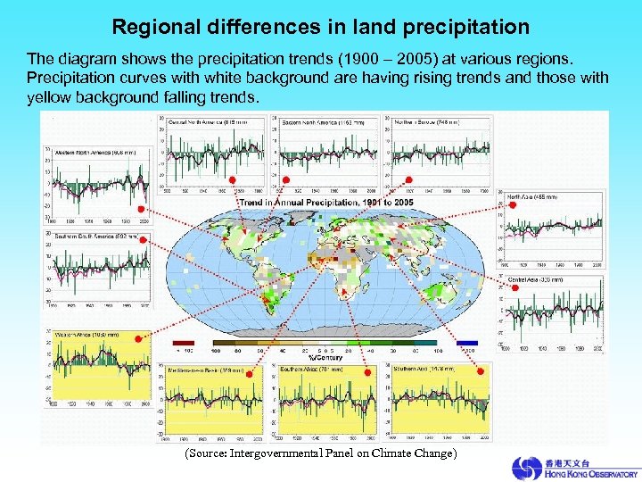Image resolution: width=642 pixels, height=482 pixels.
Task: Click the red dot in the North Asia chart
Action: click(512, 204)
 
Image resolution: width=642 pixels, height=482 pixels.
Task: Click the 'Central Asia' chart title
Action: click(535, 279)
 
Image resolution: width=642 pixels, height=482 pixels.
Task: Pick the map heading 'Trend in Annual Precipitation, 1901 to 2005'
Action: click(326, 203)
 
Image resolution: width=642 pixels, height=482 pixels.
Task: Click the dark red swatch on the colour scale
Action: click(183, 343)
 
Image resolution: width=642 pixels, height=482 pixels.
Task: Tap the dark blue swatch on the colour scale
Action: click(466, 343)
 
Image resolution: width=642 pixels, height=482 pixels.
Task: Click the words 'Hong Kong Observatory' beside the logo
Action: click(591, 473)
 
